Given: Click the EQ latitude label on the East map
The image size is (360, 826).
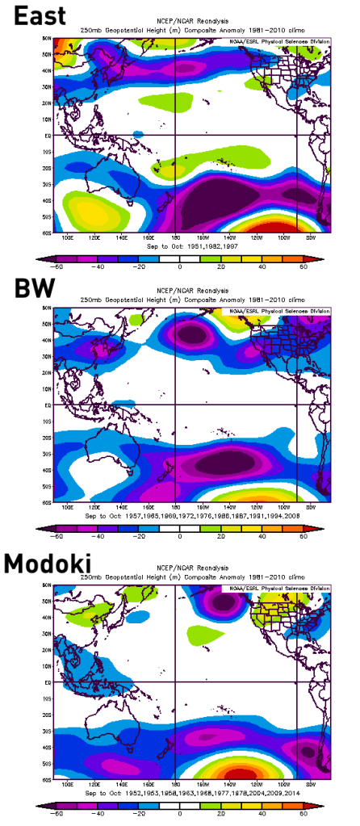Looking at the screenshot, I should tap(48, 136).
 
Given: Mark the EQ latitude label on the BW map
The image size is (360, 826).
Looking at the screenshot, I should tap(48, 405).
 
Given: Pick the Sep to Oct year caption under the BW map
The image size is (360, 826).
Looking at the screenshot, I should tap(179, 515).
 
